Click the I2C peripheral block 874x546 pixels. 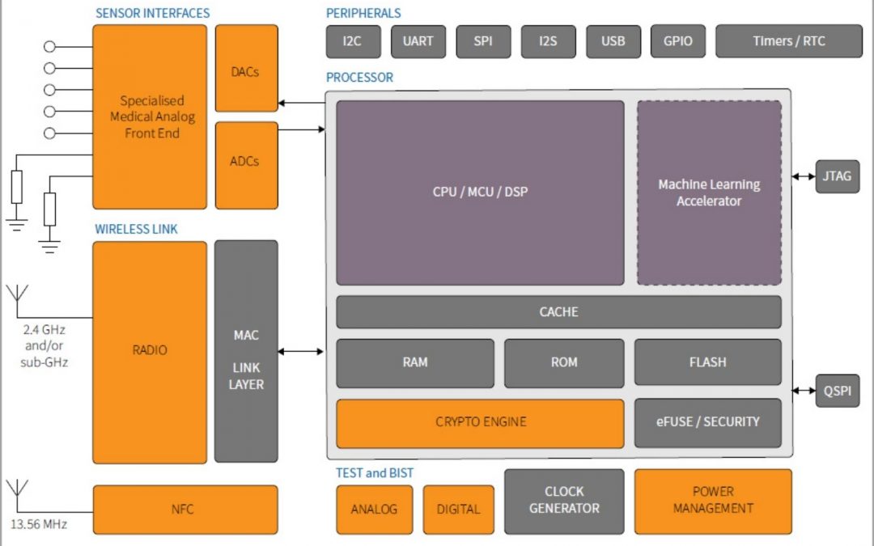pyautogui.click(x=353, y=41)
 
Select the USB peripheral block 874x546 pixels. pyautogui.click(x=613, y=41)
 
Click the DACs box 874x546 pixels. pyautogui.click(x=246, y=71)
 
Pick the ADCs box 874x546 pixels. pyautogui.click(x=246, y=161)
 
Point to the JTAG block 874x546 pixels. pyautogui.click(x=837, y=176)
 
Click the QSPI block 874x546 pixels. pyautogui.click(x=837, y=391)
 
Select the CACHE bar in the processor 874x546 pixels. pyautogui.click(x=558, y=311)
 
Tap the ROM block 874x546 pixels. pyautogui.click(x=564, y=362)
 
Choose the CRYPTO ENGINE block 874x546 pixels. pyautogui.click(x=480, y=422)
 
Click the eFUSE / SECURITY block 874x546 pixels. pyautogui.click(x=707, y=422)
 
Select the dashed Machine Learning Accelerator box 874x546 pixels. pyautogui.click(x=709, y=193)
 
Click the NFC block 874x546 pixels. pyautogui.click(x=185, y=510)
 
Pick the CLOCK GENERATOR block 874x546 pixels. pyautogui.click(x=564, y=501)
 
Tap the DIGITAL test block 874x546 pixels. pyautogui.click(x=458, y=510)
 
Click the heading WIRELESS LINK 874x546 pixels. pyautogui.click(x=136, y=230)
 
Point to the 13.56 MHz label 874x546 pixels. pyautogui.click(x=39, y=524)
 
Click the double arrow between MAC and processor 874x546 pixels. pyautogui.click(x=301, y=351)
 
